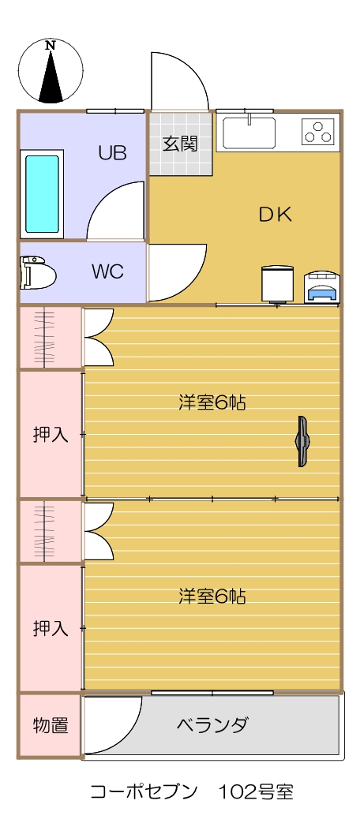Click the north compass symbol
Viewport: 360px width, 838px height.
pyautogui.click(x=51, y=70)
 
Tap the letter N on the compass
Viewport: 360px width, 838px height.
pyautogui.click(x=51, y=46)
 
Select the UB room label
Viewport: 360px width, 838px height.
pyautogui.click(x=112, y=153)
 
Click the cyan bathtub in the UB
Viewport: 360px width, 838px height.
pyautogui.click(x=43, y=194)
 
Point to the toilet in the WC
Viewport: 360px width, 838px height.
pyautogui.click(x=39, y=272)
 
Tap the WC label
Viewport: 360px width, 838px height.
pyautogui.click(x=107, y=271)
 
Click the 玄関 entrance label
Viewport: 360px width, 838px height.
pyautogui.click(x=180, y=144)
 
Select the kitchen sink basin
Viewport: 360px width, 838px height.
pyautogui.click(x=249, y=133)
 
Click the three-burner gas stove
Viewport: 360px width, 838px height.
pyautogui.click(x=317, y=132)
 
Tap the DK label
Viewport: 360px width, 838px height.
pyautogui.click(x=276, y=215)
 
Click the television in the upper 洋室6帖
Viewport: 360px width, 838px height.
pyautogui.click(x=303, y=441)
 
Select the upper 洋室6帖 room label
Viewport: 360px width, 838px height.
pyautogui.click(x=212, y=402)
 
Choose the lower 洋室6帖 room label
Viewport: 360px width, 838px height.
pyautogui.click(x=212, y=596)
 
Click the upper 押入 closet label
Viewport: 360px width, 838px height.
pyautogui.click(x=51, y=435)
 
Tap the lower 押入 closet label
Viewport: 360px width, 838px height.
pyautogui.click(x=51, y=628)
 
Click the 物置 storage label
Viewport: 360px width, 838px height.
pyautogui.click(x=51, y=726)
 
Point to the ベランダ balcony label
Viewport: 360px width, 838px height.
pyautogui.click(x=212, y=725)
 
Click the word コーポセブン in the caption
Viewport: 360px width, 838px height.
pyautogui.click(x=144, y=791)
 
